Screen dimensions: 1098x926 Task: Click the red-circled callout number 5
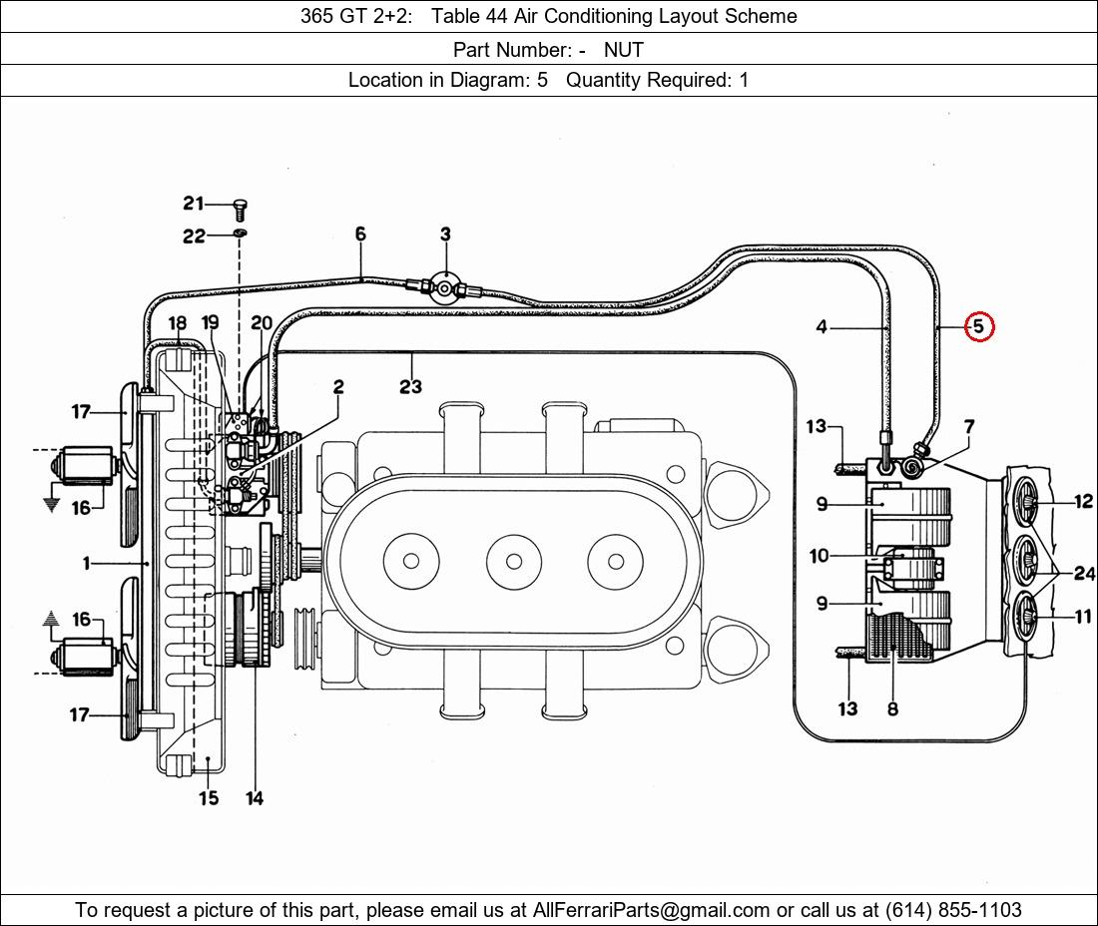978,326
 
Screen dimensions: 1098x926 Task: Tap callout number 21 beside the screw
194,203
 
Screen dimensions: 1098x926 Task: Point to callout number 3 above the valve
445,233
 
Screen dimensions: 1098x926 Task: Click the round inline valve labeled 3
445,288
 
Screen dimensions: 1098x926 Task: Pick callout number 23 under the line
410,386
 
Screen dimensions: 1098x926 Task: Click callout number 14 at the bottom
255,798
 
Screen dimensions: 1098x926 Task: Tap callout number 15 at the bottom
209,798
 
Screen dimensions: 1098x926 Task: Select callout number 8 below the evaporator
892,709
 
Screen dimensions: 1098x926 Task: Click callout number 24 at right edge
1084,573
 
